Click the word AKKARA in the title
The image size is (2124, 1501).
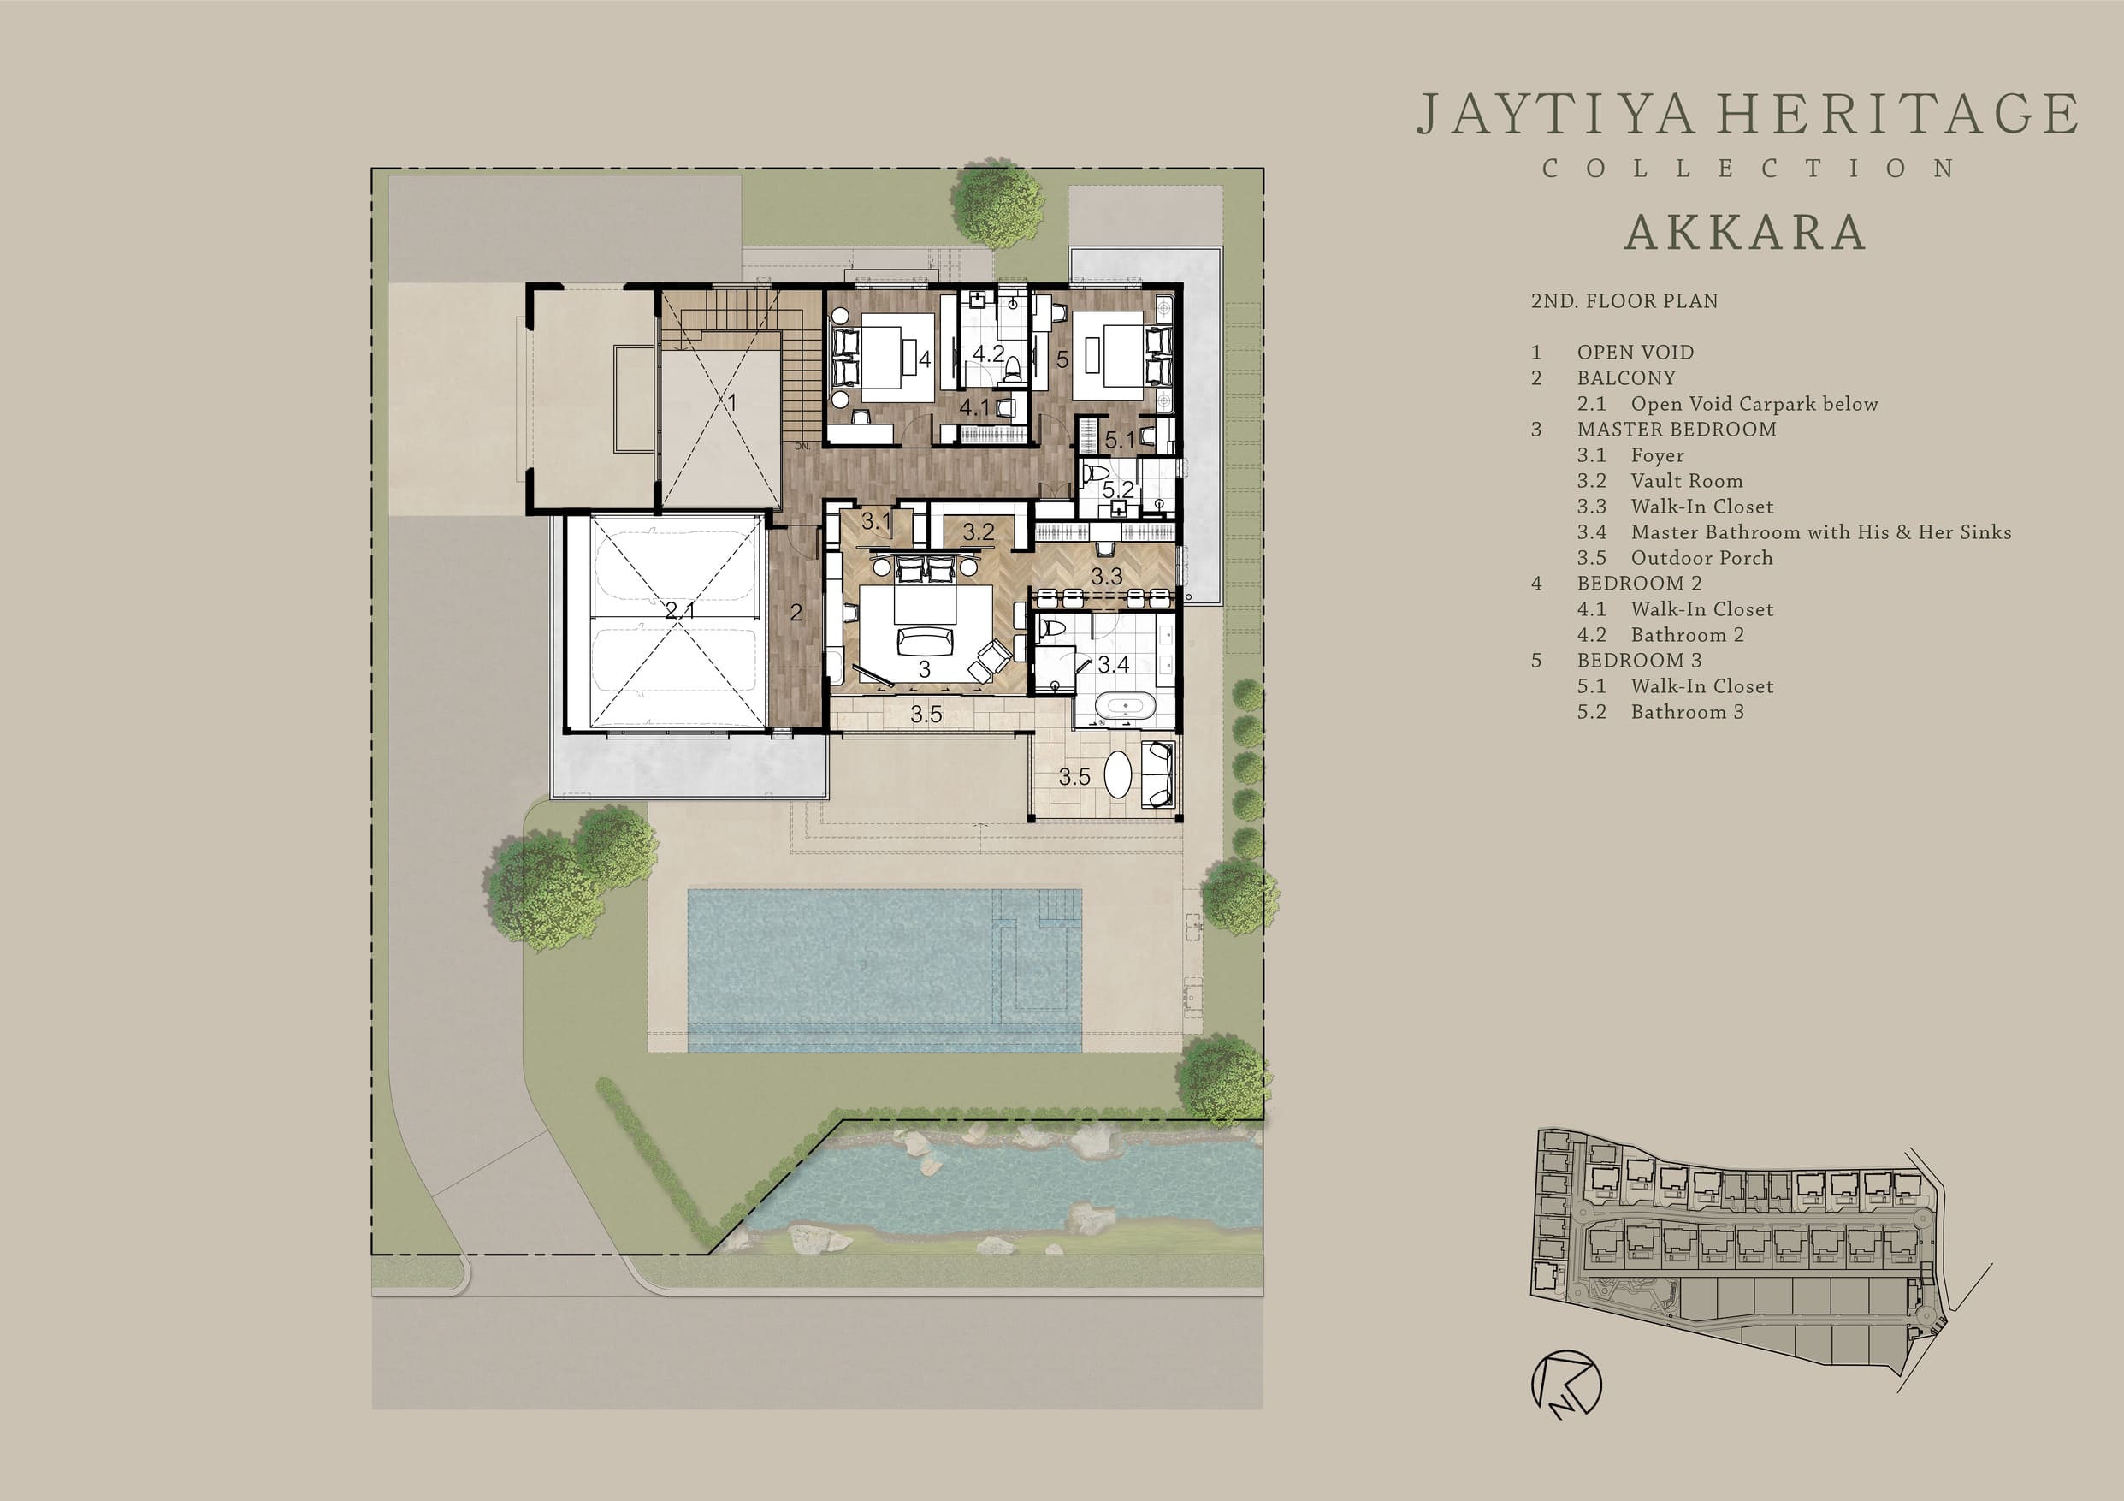pos(1745,232)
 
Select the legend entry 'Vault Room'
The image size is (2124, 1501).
pos(1686,481)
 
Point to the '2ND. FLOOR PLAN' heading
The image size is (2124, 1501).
pos(1624,300)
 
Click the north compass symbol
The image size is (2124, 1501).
pos(1565,1385)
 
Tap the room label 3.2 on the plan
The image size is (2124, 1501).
pos(978,532)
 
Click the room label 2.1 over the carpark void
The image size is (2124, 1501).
pos(680,611)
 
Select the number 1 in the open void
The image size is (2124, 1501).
pos(731,402)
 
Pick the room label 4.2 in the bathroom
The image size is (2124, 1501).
pos(988,353)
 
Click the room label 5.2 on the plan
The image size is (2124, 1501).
pos(1117,489)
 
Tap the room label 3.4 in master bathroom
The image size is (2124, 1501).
pos(1113,664)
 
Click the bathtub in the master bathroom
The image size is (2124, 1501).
pos(1125,707)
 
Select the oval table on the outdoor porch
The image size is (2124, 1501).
pos(1118,774)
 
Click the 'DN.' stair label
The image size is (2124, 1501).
pos(802,446)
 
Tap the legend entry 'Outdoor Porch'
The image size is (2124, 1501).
pos(1702,558)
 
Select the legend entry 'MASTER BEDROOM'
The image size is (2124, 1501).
pos(1677,430)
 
